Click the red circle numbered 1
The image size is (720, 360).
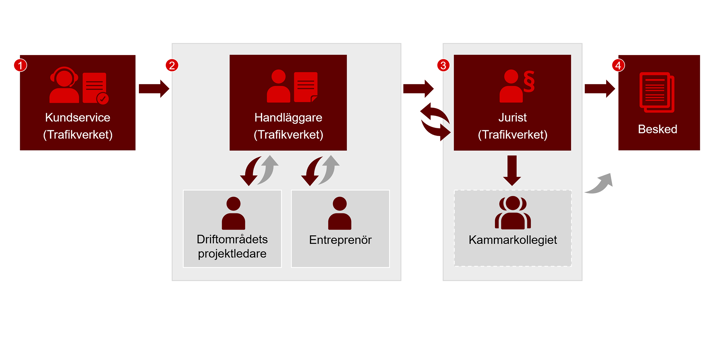coord(21,65)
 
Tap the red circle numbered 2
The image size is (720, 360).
coord(172,65)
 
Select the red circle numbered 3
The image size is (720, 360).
coord(443,65)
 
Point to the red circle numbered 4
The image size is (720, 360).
coord(618,65)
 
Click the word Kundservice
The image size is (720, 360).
coord(78,118)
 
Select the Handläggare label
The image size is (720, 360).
coord(287,118)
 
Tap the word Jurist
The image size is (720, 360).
coord(512,118)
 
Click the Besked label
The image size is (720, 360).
coord(657,129)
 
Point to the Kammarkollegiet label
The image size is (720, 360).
coord(512,240)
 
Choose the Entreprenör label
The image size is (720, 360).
coord(340,240)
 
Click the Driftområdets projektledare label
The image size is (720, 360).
coord(233,246)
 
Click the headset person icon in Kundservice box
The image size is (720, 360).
coord(64,85)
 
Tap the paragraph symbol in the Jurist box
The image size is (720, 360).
coord(528,82)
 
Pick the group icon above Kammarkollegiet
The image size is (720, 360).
coord(512,213)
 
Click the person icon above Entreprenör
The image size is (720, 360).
coord(340,213)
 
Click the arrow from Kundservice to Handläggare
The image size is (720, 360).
coord(153,90)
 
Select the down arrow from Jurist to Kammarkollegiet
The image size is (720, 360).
coord(512,169)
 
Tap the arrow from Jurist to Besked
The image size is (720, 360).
coord(599,89)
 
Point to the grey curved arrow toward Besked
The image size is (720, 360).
coord(597,181)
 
